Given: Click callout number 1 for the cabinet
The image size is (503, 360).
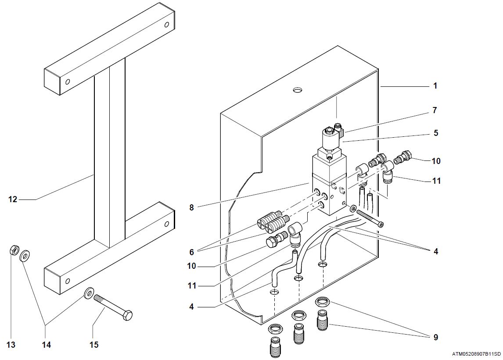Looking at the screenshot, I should click(x=435, y=86).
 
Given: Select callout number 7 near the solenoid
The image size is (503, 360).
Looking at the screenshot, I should click(x=435, y=110).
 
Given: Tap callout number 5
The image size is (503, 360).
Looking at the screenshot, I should click(x=435, y=132).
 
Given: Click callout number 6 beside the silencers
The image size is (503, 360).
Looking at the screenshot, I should click(x=191, y=252).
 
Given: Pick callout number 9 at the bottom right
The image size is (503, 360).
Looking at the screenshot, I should click(x=435, y=337).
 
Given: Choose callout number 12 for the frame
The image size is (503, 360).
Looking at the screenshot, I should click(x=13, y=200).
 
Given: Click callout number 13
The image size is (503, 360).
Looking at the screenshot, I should click(x=11, y=345).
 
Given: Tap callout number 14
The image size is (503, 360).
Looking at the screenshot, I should click(x=47, y=345).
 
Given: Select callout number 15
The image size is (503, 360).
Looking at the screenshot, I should click(x=94, y=345).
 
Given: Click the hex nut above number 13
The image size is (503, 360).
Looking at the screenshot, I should click(x=13, y=251).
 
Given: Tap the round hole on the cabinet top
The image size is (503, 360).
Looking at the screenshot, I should click(x=298, y=90).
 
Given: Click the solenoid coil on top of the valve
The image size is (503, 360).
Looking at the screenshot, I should click(x=331, y=141).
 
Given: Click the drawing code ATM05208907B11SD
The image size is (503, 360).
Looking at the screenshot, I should click(x=477, y=353).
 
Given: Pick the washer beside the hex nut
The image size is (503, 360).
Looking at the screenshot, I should click(x=25, y=254).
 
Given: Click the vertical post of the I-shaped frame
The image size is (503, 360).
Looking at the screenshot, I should click(x=110, y=153).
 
